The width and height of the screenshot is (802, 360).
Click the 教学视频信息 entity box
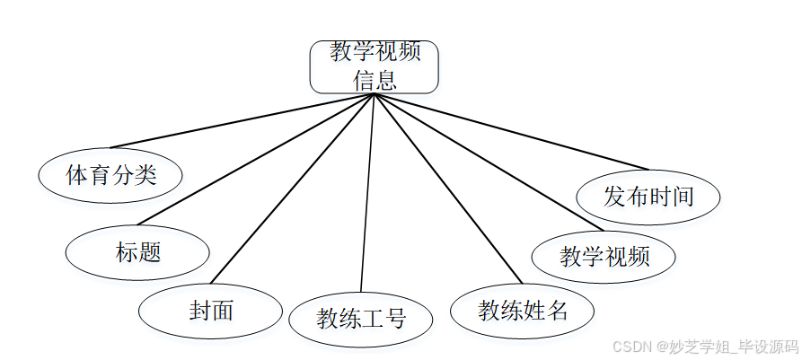pos(374,66)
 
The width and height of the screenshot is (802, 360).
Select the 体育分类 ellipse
pos(111,174)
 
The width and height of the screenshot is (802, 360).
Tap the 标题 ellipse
pos(138,251)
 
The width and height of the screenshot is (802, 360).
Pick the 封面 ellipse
pos(211,311)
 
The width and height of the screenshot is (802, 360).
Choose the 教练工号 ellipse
pos(361,319)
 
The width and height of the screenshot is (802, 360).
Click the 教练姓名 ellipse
pos(523,312)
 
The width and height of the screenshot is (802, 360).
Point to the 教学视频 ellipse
pos(604,257)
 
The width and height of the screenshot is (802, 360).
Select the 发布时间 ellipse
pos(648,197)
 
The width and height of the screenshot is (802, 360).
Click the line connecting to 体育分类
pos(242,120)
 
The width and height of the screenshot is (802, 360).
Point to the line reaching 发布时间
pos(510,131)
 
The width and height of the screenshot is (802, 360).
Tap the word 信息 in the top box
pos(374,80)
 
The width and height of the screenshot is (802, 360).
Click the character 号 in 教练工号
pos(395,319)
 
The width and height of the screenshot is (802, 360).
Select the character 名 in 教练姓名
pos(557,312)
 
